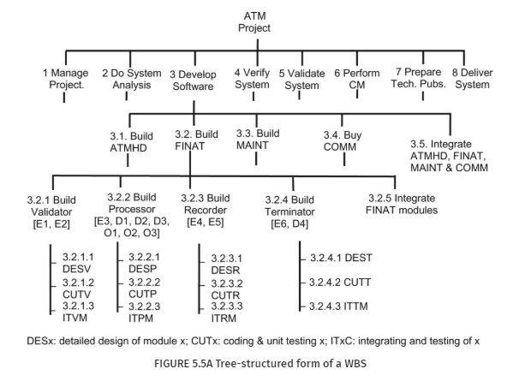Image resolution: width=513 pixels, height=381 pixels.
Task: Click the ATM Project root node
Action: click(254, 22)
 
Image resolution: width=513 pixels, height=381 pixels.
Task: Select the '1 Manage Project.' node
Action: click(66, 79)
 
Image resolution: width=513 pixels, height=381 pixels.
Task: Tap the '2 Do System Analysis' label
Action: click(132, 79)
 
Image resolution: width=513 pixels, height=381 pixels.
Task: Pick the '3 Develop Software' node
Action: click(193, 80)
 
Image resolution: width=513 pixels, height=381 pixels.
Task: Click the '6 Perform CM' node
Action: click(357, 79)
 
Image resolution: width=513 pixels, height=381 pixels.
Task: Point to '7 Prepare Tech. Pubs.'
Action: click(419, 78)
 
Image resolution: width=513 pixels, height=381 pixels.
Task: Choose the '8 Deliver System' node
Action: click(473, 79)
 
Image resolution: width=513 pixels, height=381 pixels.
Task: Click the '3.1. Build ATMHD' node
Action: click(131, 142)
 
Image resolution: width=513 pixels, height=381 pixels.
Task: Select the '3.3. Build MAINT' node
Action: click(258, 140)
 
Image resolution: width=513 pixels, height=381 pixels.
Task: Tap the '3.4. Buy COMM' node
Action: click(343, 141)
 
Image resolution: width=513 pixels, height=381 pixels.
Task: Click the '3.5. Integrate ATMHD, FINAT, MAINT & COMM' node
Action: click(449, 156)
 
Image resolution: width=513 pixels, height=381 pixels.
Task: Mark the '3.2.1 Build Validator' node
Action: click(51, 206)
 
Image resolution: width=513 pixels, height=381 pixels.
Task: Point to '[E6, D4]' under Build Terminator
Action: click(289, 224)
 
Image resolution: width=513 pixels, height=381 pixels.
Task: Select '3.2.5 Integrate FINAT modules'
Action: click(402, 204)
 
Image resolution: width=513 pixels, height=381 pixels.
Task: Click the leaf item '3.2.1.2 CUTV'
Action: click(78, 289)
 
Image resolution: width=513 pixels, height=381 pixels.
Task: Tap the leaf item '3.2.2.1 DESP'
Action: click(144, 263)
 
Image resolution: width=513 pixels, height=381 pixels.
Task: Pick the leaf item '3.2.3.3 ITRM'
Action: click(227, 312)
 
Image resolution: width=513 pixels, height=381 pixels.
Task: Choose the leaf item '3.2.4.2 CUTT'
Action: click(340, 283)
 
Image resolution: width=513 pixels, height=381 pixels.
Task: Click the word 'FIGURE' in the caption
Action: click(171, 363)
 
